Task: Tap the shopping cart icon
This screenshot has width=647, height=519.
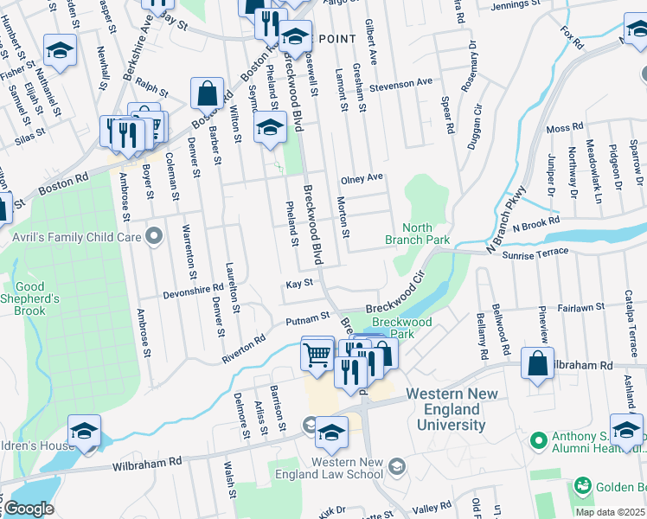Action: [317, 354]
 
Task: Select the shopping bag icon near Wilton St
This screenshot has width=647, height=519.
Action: [208, 94]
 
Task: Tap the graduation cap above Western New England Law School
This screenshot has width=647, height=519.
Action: [331, 432]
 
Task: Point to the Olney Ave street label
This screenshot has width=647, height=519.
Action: [362, 178]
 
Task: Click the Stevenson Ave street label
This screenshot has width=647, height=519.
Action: [400, 82]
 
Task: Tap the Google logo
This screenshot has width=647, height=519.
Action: [29, 508]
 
